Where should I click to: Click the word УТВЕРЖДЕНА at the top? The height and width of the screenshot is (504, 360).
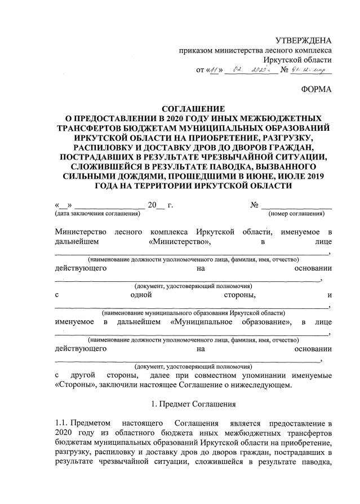click(303, 39)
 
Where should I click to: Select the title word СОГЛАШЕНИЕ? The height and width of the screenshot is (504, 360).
click(193, 108)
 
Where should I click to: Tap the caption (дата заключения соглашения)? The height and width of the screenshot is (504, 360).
click(97, 214)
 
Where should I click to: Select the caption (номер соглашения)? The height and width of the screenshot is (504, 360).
click(296, 214)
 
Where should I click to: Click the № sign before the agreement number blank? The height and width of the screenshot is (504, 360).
click(254, 205)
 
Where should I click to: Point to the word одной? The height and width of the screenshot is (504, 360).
click(141, 294)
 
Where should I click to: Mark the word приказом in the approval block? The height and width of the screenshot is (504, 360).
click(194, 50)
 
